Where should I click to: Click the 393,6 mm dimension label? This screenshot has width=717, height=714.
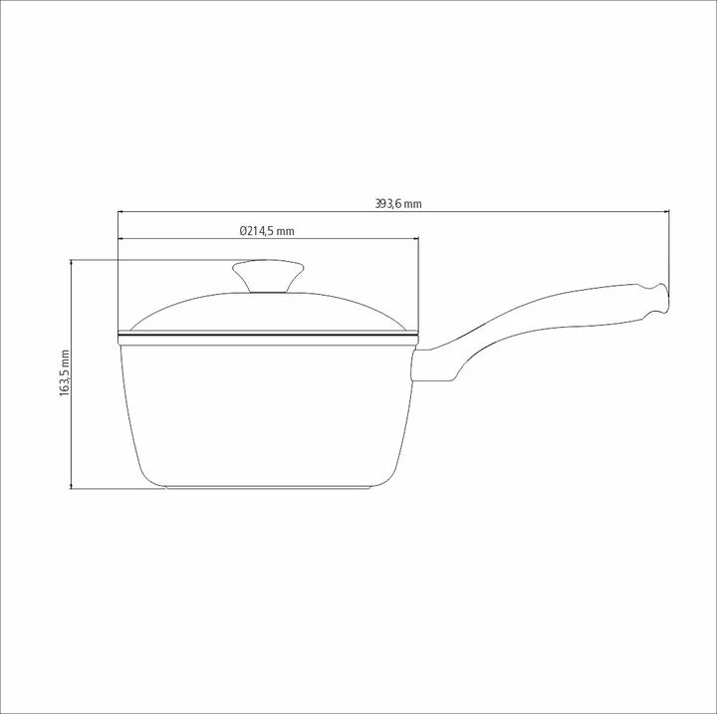point(398,203)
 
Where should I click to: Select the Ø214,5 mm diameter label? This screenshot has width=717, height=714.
point(267,231)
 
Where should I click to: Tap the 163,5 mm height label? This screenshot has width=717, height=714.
point(64,374)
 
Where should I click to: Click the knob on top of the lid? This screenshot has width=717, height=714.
point(268,274)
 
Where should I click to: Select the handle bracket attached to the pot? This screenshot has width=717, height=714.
point(433,364)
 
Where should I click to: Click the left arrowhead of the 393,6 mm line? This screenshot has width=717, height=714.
point(121,211)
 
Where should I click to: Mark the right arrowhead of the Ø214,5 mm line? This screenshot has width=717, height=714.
point(413,239)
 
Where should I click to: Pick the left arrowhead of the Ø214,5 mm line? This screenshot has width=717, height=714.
point(121,239)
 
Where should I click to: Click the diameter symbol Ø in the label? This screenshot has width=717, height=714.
point(244,231)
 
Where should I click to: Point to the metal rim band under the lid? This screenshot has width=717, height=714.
point(267,340)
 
